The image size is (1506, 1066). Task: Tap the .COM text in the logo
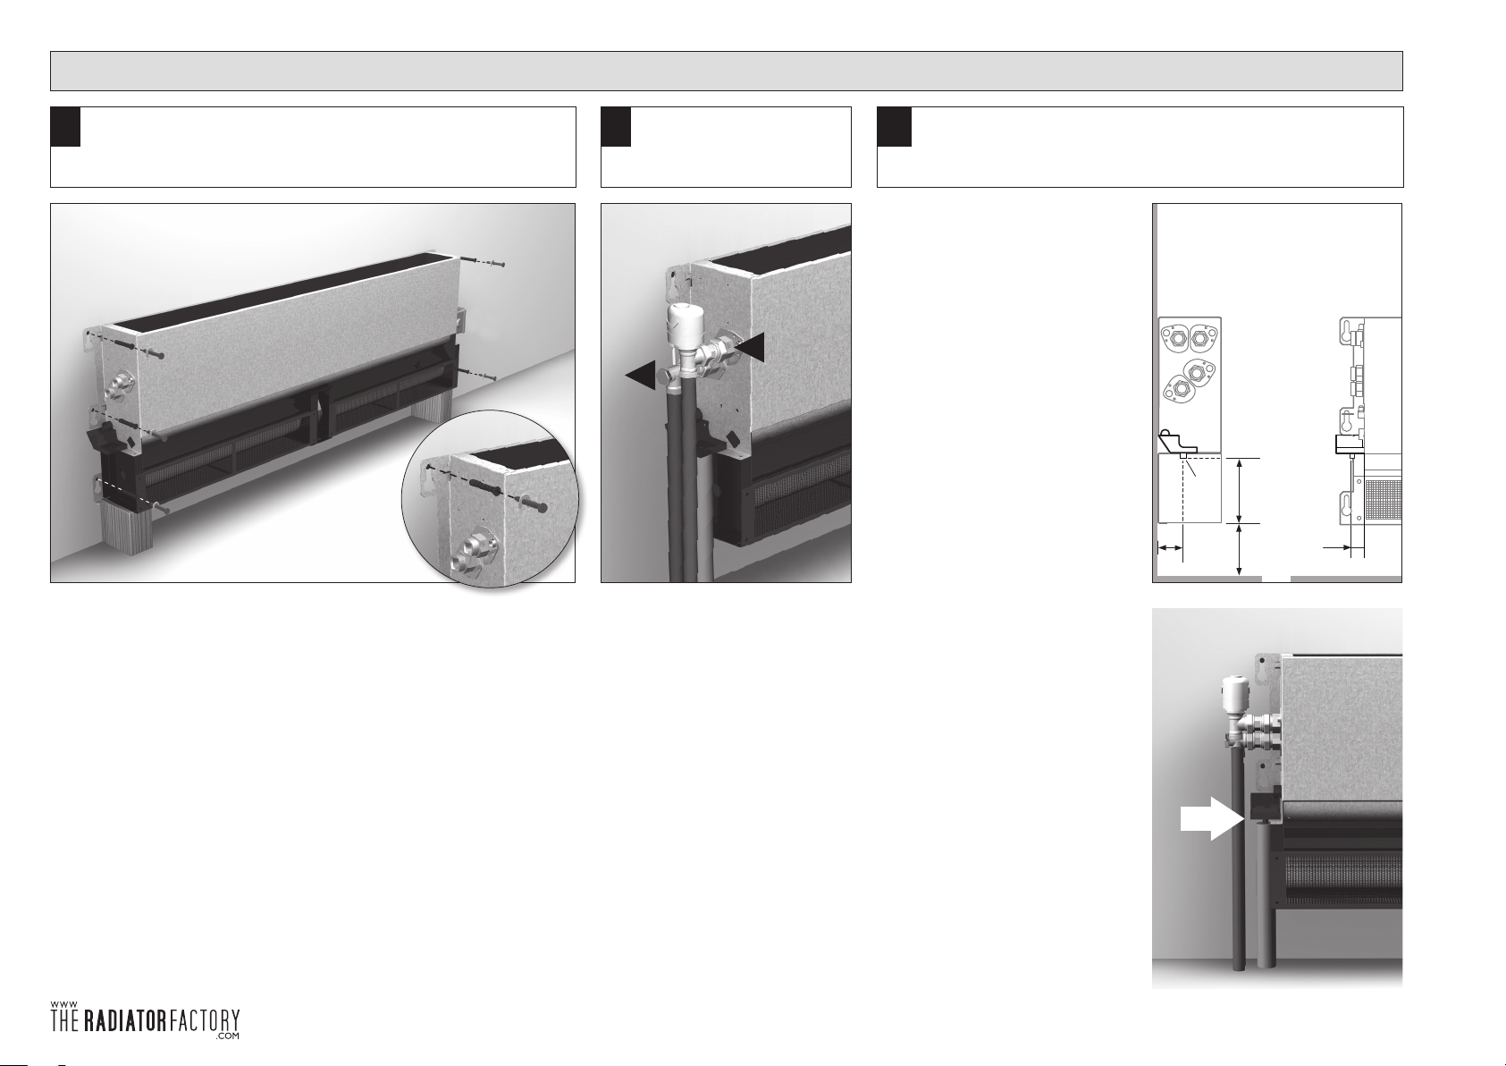click(x=228, y=1036)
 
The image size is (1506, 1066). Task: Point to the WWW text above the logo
click(x=63, y=1004)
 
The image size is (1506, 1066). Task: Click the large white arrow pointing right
click(x=1210, y=818)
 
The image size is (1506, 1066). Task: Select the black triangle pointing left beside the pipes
click(x=641, y=375)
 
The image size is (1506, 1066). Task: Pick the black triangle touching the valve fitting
click(x=749, y=346)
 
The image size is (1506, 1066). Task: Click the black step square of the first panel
click(x=65, y=126)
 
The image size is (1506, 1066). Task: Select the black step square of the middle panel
click(x=616, y=126)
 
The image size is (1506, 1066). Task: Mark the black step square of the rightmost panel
click(x=894, y=126)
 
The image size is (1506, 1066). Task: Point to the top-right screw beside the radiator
click(x=482, y=262)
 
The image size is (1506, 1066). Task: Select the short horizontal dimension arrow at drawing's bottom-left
click(x=1170, y=549)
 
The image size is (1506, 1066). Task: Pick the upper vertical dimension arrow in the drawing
click(x=1239, y=490)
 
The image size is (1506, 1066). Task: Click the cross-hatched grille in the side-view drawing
click(x=1384, y=499)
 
